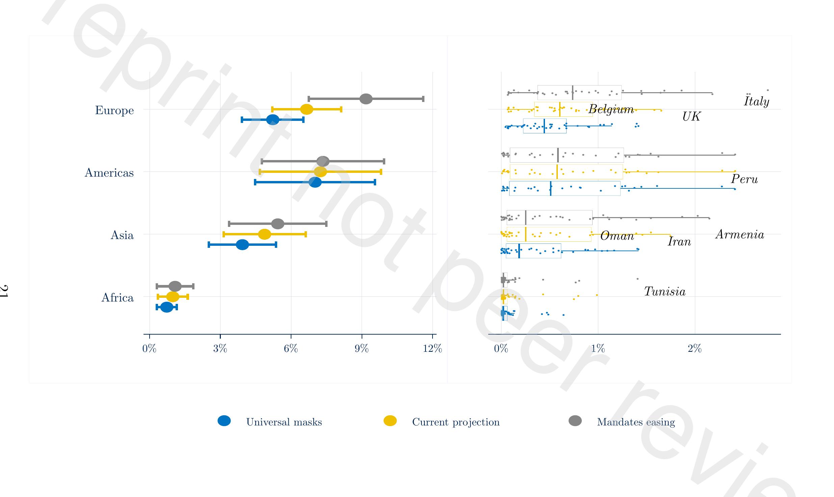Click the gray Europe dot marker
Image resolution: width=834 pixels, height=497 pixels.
click(x=366, y=99)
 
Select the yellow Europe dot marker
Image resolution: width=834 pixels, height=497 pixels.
click(x=307, y=109)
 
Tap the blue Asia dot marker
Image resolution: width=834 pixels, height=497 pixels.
click(x=242, y=244)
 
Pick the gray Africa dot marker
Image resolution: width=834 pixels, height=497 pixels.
click(x=175, y=286)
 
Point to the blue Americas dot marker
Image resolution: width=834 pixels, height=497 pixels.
click(x=315, y=182)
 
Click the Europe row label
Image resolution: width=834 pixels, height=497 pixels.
click(x=114, y=110)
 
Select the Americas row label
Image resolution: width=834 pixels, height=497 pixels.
click(x=109, y=173)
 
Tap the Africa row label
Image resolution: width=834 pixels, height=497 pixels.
click(x=117, y=298)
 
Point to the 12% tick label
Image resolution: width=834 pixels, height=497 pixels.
click(x=432, y=348)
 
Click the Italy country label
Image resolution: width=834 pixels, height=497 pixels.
click(x=756, y=101)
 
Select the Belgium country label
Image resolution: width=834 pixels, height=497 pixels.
click(x=611, y=109)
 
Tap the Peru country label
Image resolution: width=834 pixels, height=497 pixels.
click(x=744, y=179)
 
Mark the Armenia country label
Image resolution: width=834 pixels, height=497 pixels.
click(x=739, y=234)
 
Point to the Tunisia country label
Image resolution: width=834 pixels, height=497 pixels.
click(x=664, y=291)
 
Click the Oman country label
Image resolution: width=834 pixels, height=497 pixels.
click(x=617, y=236)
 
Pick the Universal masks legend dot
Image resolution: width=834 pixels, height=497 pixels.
click(x=224, y=421)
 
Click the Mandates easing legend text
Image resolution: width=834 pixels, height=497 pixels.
click(x=636, y=422)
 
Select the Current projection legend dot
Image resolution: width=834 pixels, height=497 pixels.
click(x=390, y=421)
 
